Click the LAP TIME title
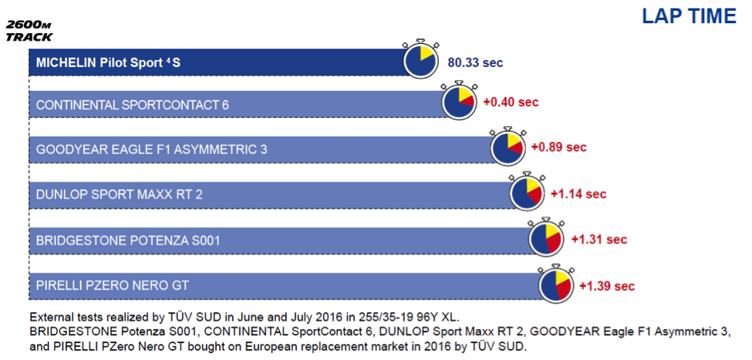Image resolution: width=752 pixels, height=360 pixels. point(690,17)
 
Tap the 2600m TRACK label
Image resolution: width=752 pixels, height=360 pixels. point(29,31)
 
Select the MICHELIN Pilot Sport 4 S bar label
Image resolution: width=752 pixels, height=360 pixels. point(108,62)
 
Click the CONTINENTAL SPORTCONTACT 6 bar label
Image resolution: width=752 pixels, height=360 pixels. point(133,104)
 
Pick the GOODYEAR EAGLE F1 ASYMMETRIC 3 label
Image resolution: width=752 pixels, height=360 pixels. point(151,149)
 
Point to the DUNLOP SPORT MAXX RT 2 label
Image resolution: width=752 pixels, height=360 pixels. point(119,194)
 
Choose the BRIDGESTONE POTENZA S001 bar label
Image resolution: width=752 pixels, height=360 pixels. point(128,241)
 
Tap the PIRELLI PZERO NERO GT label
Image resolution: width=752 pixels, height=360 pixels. point(113,286)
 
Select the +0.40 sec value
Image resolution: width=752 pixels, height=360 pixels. point(511,102)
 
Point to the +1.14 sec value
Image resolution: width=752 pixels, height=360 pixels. point(578,193)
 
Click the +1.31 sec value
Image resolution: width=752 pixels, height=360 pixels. point(599,240)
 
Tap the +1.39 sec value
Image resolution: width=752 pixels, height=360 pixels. point(607,286)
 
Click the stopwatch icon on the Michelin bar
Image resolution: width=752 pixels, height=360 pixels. point(421,59)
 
